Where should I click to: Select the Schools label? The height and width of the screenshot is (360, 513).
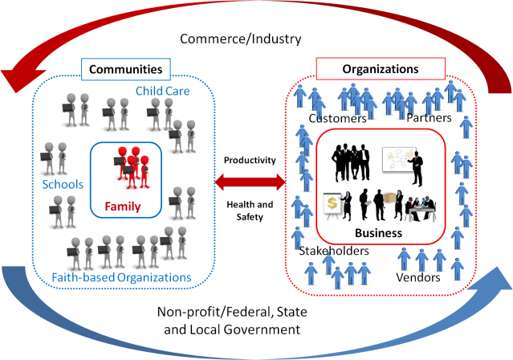tap(62, 185)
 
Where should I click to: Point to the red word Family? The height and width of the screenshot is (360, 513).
tap(123, 207)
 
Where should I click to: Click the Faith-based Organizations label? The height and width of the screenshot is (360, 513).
tap(121, 278)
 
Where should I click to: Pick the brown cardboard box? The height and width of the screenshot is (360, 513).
tap(390, 198)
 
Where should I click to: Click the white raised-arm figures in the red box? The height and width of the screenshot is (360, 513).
tap(351, 153)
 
